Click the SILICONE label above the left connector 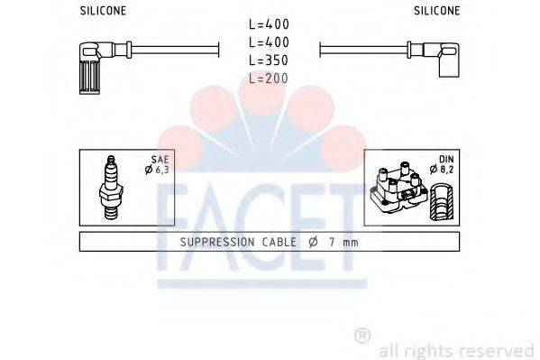coord(102,11)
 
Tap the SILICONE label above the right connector coord(436,11)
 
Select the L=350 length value coord(270,60)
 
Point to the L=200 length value coord(270,78)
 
